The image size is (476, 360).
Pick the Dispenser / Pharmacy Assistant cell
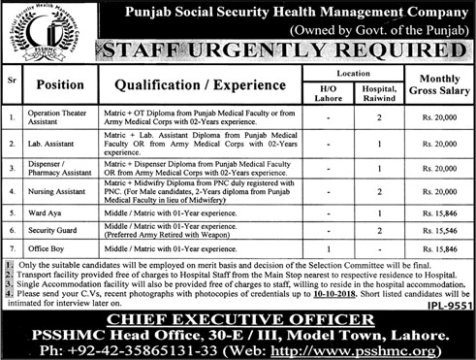(57, 170)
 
